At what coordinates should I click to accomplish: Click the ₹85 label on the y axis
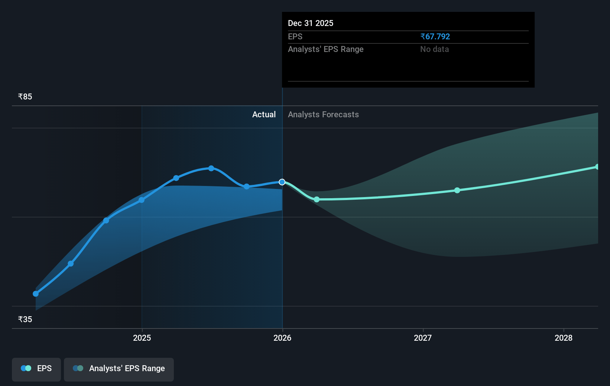point(25,97)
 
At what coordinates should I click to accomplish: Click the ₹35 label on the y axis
point(25,320)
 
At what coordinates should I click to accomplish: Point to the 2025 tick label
point(142,338)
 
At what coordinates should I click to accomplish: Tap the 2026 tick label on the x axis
point(282,338)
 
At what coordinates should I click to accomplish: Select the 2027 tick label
point(423,338)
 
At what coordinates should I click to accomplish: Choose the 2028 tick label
point(563,338)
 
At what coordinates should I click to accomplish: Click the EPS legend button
point(36,369)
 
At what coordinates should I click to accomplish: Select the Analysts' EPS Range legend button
point(119,369)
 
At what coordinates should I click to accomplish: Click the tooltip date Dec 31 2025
point(311,23)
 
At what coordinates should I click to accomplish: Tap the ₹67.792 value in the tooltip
point(435,36)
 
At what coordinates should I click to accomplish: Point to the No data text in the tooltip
point(434,49)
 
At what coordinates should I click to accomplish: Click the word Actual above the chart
point(264,115)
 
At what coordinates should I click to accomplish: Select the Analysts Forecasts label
point(323,115)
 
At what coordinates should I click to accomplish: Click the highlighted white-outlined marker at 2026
point(282,182)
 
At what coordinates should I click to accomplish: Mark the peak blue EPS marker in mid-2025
point(211,168)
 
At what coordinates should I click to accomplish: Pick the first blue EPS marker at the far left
point(36,294)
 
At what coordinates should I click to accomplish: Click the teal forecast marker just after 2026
point(317,199)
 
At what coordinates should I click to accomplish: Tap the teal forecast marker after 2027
point(457,190)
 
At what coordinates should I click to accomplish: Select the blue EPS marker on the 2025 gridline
point(142,200)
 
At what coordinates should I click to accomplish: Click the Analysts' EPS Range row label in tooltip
point(325,49)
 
